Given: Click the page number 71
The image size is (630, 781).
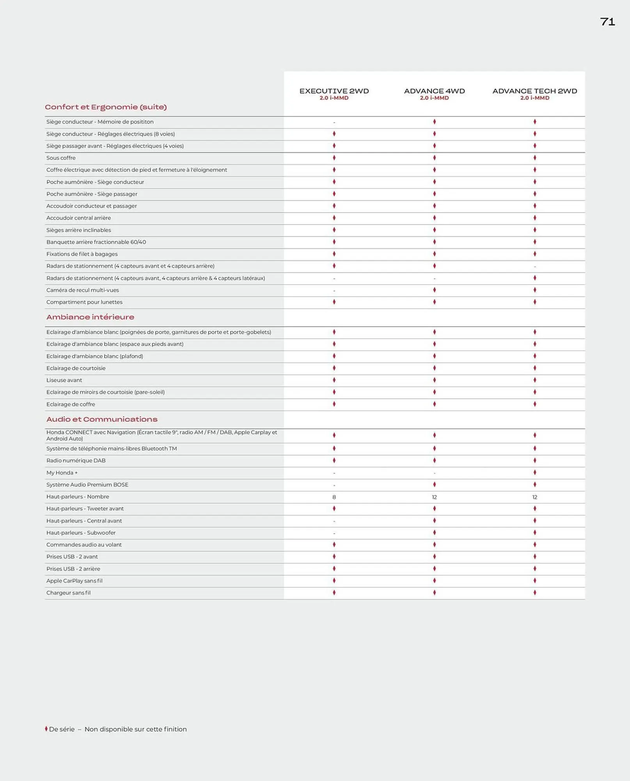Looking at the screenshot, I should point(607,22).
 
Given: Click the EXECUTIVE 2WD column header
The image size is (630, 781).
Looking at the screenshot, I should point(334,91).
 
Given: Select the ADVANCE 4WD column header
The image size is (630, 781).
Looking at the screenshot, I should point(434,91).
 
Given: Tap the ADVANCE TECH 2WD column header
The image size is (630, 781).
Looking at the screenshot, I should point(534,91).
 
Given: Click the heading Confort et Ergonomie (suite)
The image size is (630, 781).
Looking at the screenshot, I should point(106,107).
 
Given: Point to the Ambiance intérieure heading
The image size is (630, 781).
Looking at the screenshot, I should point(90,317).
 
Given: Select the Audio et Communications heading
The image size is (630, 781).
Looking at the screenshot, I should point(102,419).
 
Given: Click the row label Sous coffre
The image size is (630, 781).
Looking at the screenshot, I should point(61,158).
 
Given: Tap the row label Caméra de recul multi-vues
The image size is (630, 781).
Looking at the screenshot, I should point(82,290).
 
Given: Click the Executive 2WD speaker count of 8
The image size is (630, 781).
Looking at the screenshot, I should point(334,497).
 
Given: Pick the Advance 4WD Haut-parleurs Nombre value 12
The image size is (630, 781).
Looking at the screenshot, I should point(434,497).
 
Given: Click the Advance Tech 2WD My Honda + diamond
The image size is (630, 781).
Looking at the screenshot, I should point(534,473).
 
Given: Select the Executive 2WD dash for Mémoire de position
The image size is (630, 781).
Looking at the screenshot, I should point(334,123).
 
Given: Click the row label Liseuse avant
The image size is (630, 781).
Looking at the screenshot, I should point(64,380).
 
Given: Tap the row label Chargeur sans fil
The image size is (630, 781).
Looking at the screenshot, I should point(68,593).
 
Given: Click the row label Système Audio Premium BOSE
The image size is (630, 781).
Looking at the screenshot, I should point(87,485).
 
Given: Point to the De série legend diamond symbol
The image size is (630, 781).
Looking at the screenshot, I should point(46,729).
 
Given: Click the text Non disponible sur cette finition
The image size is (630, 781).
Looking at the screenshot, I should point(135,729).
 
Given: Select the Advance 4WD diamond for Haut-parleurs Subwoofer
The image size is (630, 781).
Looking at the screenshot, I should point(434,533).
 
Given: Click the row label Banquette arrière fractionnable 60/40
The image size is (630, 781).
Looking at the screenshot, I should point(96,242).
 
